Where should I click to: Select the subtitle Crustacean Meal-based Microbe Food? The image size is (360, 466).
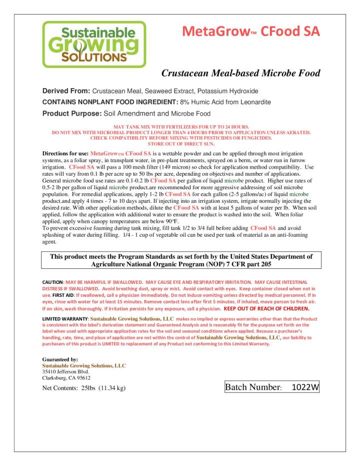point(240,74)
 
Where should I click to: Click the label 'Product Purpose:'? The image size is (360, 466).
point(70,113)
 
